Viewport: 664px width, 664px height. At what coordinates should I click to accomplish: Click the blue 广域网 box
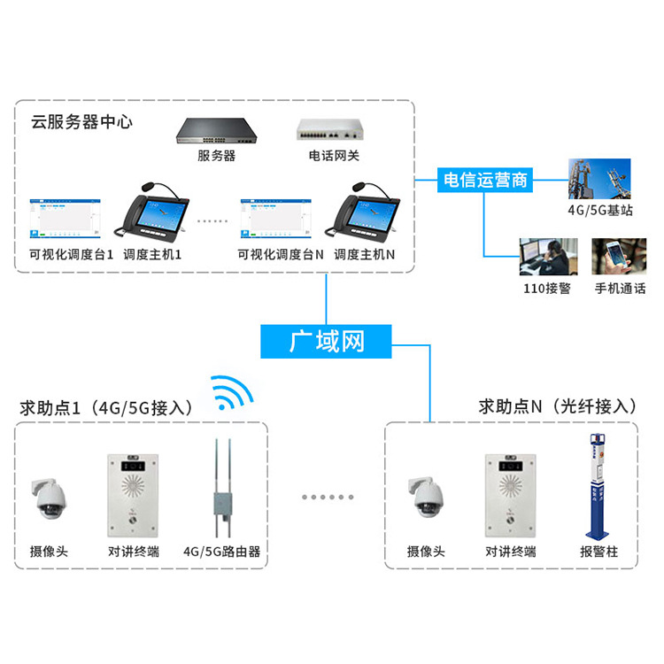pyautogui.click(x=326, y=341)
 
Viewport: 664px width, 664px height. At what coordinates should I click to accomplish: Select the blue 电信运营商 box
pyautogui.click(x=484, y=181)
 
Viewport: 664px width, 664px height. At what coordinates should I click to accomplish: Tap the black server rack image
pyautogui.click(x=217, y=132)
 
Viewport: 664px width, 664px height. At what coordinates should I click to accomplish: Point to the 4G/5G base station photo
pyautogui.click(x=598, y=179)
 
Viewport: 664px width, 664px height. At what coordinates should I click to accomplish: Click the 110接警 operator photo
pyautogui.click(x=548, y=258)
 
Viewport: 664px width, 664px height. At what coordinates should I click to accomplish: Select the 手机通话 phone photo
pyautogui.click(x=619, y=258)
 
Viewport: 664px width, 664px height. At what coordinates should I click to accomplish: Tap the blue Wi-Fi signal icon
pyautogui.click(x=233, y=395)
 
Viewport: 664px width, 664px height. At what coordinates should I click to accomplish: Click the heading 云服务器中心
pyautogui.click(x=81, y=122)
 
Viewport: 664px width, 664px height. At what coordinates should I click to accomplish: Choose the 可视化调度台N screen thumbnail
pyautogui.click(x=278, y=218)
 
